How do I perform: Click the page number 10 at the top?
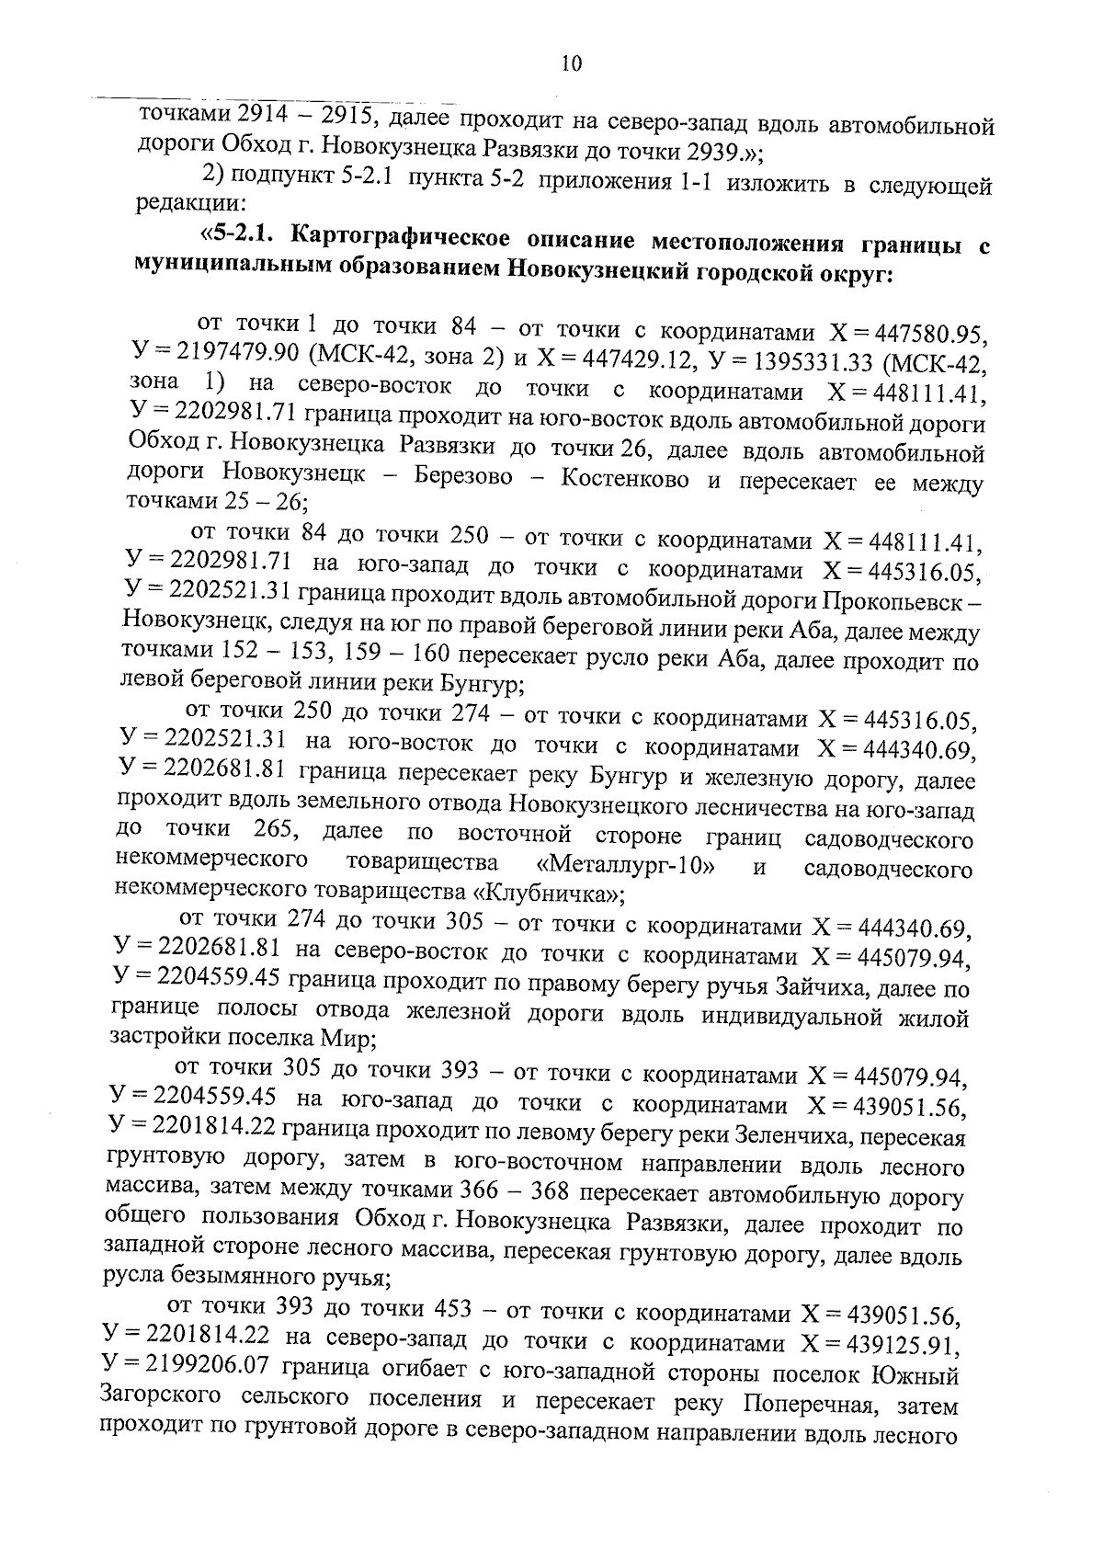570,63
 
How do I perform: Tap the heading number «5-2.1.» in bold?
240,237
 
